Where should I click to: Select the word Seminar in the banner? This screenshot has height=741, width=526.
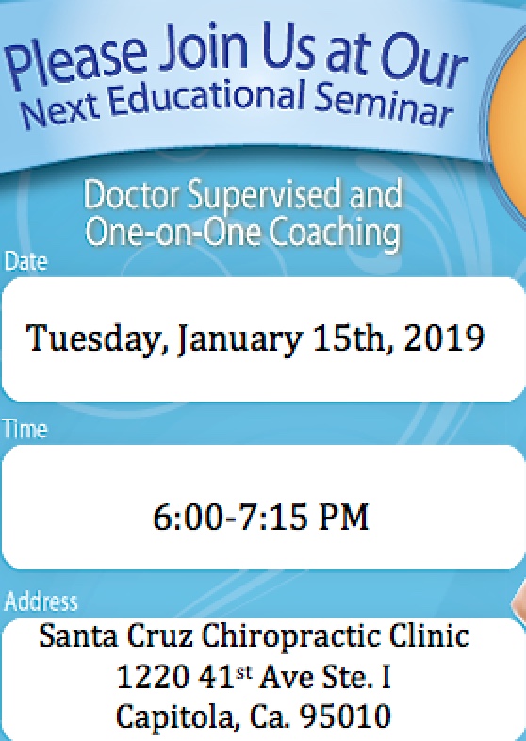pyautogui.click(x=383, y=105)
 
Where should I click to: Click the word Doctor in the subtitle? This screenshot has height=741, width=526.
pyautogui.click(x=131, y=195)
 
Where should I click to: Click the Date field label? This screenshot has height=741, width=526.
pyautogui.click(x=25, y=261)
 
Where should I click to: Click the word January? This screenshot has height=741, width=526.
pyautogui.click(x=239, y=339)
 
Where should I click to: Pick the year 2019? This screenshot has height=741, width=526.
pyautogui.click(x=444, y=338)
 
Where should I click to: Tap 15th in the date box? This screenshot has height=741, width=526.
pyautogui.click(x=353, y=338)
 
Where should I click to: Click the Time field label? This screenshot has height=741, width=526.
pyautogui.click(x=25, y=429)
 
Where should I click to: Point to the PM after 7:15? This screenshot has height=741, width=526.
pyautogui.click(x=343, y=516)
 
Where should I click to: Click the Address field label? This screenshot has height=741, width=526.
pyautogui.click(x=41, y=601)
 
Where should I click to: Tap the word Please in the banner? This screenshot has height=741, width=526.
pyautogui.click(x=76, y=61)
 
